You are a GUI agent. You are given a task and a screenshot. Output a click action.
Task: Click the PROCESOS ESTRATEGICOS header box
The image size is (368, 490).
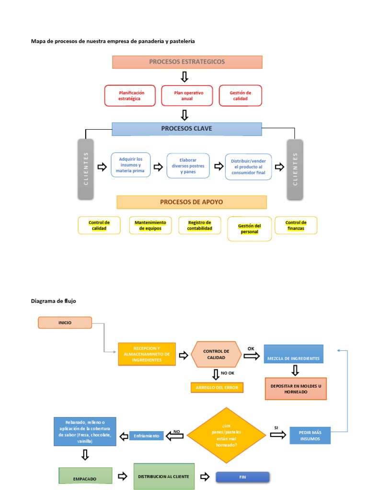pyautogui.click(x=187, y=62)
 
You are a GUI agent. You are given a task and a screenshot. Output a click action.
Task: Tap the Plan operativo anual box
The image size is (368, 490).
pyautogui.click(x=186, y=95)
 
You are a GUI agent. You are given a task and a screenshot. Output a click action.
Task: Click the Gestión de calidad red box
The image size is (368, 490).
pyautogui.click(x=240, y=95)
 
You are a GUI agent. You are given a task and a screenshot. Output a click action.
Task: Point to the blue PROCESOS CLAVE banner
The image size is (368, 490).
pyautogui.click(x=187, y=129)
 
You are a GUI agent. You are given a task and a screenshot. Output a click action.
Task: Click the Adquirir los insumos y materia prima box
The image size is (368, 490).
pyautogui.click(x=130, y=165)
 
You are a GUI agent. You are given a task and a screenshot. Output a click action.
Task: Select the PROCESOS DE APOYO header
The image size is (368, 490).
pyautogui.click(x=192, y=202)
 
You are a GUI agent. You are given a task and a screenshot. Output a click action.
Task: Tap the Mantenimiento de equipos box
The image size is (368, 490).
pyautogui.click(x=150, y=225)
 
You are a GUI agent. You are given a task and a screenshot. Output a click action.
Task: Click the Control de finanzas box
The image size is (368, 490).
pyautogui.click(x=296, y=225)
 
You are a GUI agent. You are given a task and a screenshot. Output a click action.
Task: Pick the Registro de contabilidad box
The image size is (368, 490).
pyautogui.click(x=200, y=225)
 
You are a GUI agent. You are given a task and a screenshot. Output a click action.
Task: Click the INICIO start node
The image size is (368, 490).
pyautogui.click(x=65, y=323)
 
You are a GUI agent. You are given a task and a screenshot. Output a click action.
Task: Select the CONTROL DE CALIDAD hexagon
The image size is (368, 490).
pyautogui.click(x=216, y=355)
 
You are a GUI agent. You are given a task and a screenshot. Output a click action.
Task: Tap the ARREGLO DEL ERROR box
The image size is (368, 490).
pyautogui.click(x=217, y=387)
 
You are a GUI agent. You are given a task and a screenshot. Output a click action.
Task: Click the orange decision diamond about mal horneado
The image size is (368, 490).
pyautogui.click(x=226, y=435)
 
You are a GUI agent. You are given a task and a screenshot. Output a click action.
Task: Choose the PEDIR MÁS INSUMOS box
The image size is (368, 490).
pyautogui.click(x=310, y=435)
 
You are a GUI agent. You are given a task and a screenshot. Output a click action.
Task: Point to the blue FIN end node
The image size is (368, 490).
pyautogui.click(x=242, y=477)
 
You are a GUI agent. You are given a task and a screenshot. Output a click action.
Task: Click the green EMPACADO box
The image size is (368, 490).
pyautogui.click(x=85, y=477)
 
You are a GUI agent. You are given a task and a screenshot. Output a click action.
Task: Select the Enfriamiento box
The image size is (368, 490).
pyautogui.click(x=147, y=436)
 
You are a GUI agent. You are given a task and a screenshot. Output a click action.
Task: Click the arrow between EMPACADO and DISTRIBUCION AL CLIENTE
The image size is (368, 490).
pyautogui.click(x=122, y=477)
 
